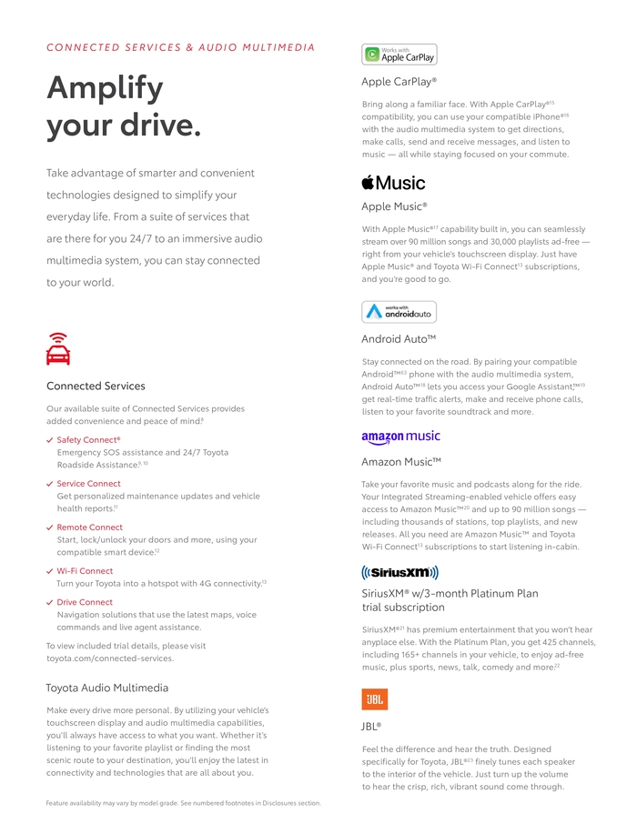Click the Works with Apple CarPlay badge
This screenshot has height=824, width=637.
click(399, 55)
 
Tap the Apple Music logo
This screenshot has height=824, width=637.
click(393, 183)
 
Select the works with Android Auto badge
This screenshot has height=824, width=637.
click(399, 312)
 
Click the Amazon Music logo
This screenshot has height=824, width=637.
click(400, 437)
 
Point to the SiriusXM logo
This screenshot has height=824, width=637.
click(399, 572)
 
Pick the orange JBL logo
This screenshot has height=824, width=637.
click(374, 698)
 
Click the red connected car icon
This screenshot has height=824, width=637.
click(58, 349)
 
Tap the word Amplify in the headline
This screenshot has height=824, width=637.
click(105, 88)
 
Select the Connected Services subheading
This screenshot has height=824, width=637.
click(96, 386)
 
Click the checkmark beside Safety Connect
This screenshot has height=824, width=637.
click(49, 440)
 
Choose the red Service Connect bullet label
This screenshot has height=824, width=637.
click(88, 484)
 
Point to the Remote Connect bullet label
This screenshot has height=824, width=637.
click(89, 528)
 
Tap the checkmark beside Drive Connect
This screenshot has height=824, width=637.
click(49, 602)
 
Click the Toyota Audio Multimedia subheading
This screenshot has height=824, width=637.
click(106, 688)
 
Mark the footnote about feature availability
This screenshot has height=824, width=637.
click(183, 803)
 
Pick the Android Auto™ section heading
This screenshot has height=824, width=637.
click(399, 339)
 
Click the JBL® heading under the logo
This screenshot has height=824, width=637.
click(370, 727)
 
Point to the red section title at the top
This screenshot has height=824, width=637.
click(180, 47)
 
